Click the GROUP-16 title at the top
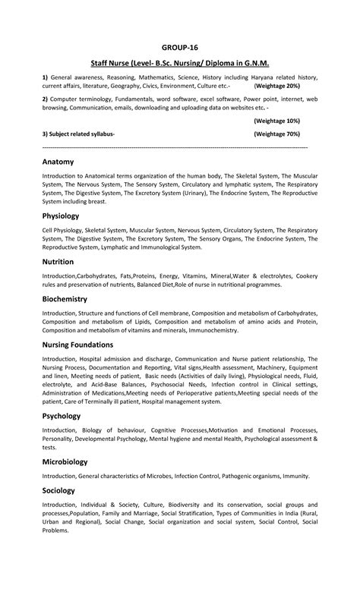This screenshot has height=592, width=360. [179, 46]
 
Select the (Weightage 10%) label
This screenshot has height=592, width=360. [276, 121]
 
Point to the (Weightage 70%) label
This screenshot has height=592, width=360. [276, 134]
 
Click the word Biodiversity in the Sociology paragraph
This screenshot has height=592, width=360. [176, 504]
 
